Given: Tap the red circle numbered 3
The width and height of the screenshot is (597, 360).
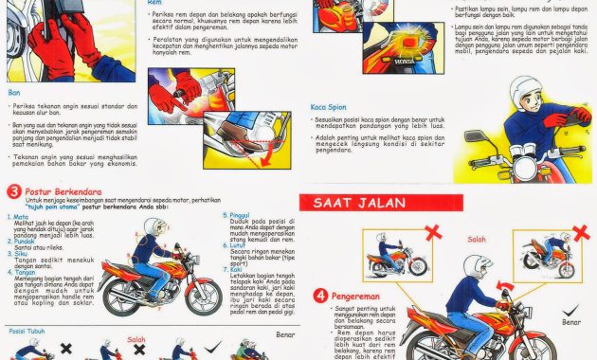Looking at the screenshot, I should (x=14, y=192).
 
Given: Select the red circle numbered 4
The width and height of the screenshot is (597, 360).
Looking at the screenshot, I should (x=322, y=295).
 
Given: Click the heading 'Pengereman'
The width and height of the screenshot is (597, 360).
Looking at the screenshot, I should (x=357, y=294).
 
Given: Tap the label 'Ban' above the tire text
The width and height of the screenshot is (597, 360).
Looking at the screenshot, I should (x=13, y=93).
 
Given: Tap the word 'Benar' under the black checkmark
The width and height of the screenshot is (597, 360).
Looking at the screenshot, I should (x=570, y=322).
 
